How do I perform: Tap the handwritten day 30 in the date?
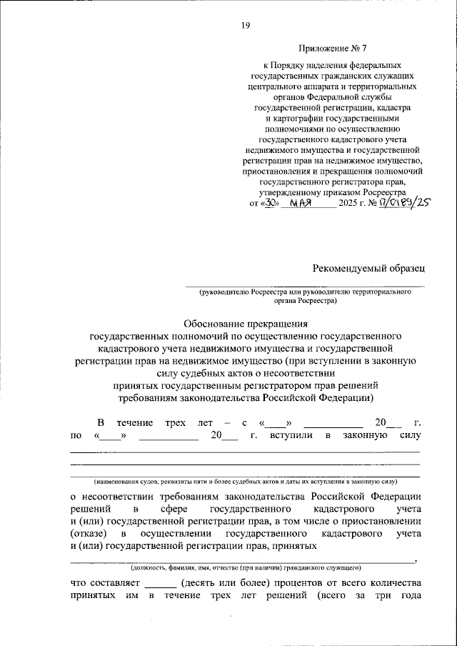pos(265,203)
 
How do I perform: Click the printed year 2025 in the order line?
pos(349,204)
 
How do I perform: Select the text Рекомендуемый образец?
pos(368,268)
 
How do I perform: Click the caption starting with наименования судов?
pos(244,481)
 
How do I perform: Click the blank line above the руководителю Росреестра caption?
pos(304,286)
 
